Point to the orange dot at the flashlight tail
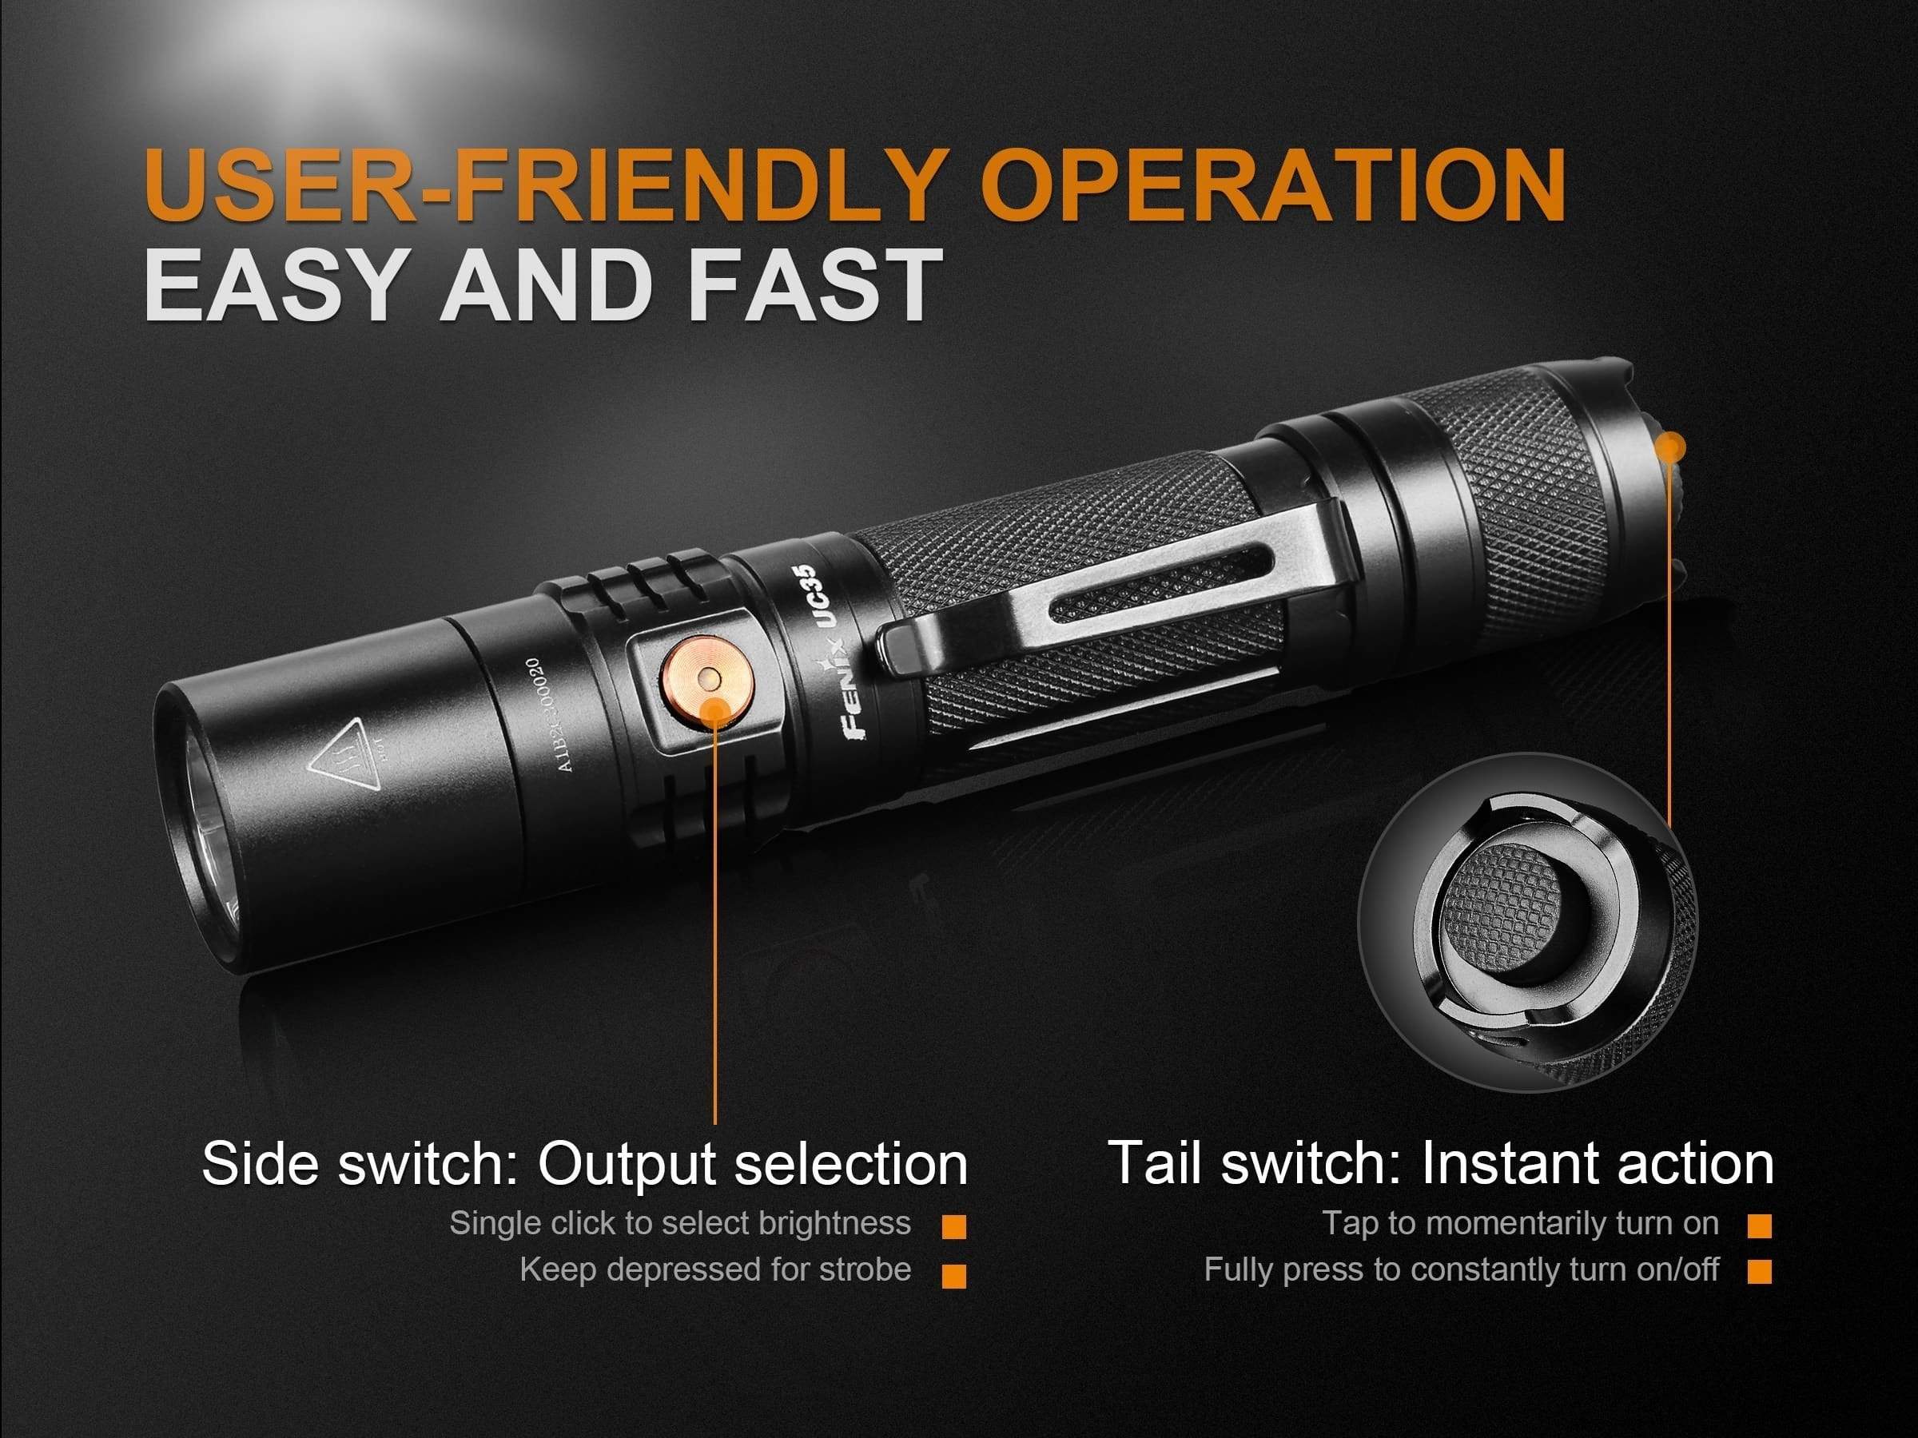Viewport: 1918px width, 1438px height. (x=1669, y=448)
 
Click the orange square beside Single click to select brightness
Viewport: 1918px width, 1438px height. (x=953, y=1226)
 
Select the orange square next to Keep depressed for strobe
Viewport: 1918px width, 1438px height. (x=953, y=1274)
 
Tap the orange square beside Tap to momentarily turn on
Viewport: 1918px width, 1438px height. (x=1759, y=1225)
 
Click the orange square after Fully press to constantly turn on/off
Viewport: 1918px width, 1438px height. (x=1759, y=1272)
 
